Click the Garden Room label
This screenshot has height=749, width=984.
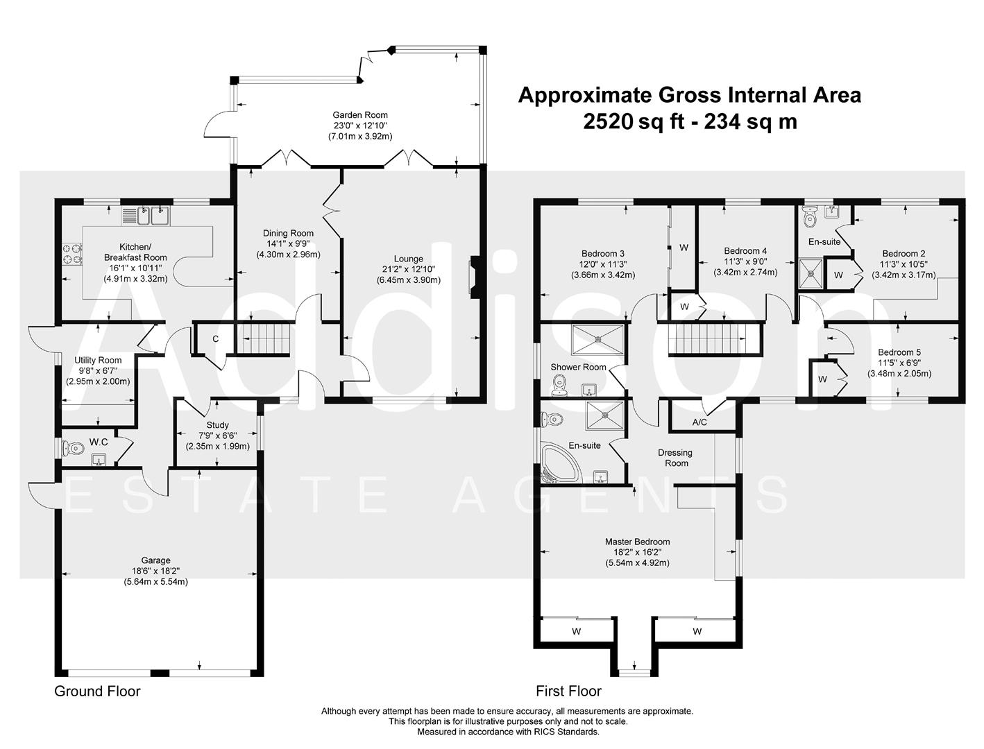point(359,115)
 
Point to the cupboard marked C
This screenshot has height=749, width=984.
point(216,339)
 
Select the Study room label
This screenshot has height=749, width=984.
point(217,425)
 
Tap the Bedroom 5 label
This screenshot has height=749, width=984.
point(899,352)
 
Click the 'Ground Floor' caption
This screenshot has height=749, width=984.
point(97,691)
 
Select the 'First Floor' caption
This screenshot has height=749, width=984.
point(568,691)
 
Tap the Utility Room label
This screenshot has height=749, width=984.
point(98,360)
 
